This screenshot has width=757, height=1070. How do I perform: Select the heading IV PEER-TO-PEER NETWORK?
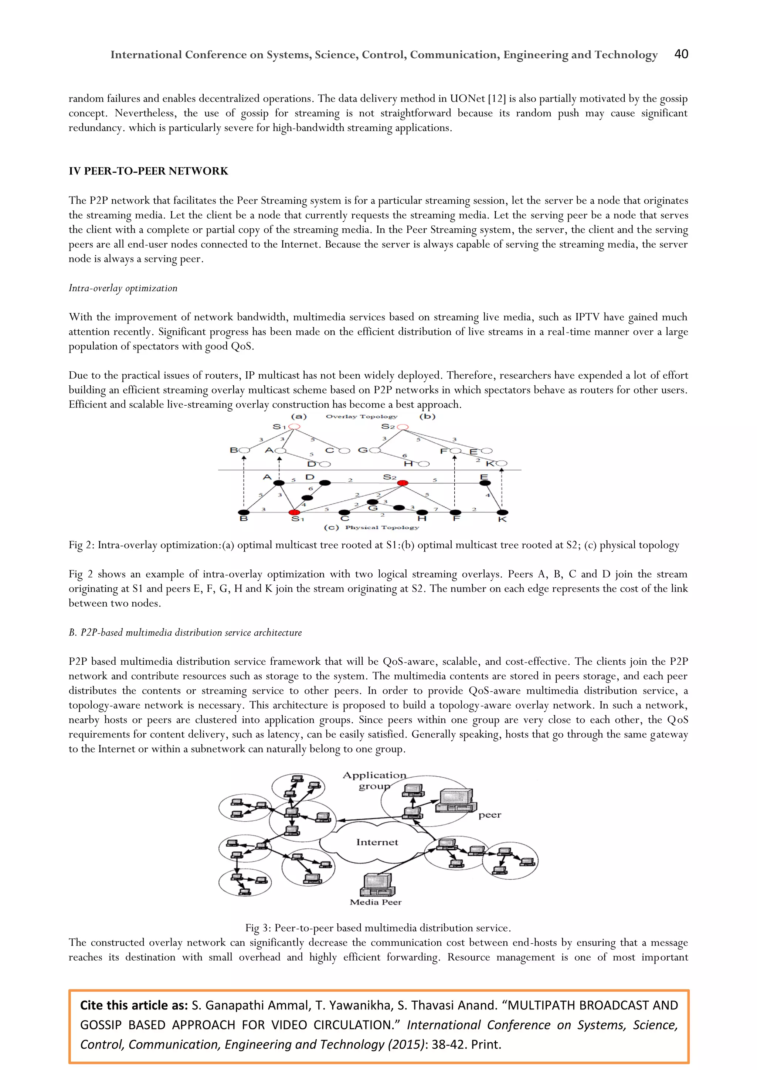148,171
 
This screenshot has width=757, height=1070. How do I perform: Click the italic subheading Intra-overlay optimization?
123,288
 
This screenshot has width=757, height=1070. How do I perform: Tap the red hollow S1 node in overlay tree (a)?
294,426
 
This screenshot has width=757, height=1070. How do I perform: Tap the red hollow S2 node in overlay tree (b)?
403,426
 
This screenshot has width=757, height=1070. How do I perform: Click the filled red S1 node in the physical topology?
295,512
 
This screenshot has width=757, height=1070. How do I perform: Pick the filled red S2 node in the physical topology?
403,483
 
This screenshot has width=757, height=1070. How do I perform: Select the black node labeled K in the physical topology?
502,512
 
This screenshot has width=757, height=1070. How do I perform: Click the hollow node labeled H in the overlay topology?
424,464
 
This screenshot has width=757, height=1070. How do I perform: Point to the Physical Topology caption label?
382,527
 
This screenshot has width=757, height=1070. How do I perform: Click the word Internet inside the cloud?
377,842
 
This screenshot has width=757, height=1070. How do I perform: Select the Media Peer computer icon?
377,884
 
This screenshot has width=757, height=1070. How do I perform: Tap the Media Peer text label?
375,902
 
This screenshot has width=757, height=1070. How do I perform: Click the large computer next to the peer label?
456,801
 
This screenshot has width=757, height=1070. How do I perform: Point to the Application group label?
374,780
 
